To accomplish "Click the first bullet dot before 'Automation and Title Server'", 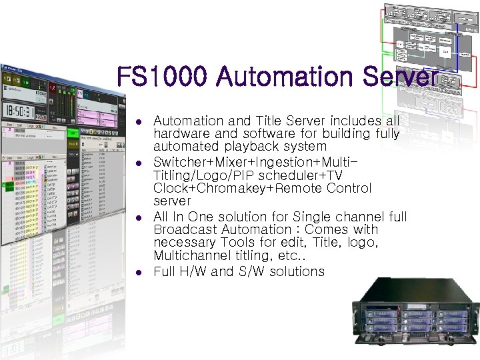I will coord(137,122).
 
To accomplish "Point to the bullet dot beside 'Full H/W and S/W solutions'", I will coord(137,273).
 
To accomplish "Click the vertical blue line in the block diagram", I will coord(461,53).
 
